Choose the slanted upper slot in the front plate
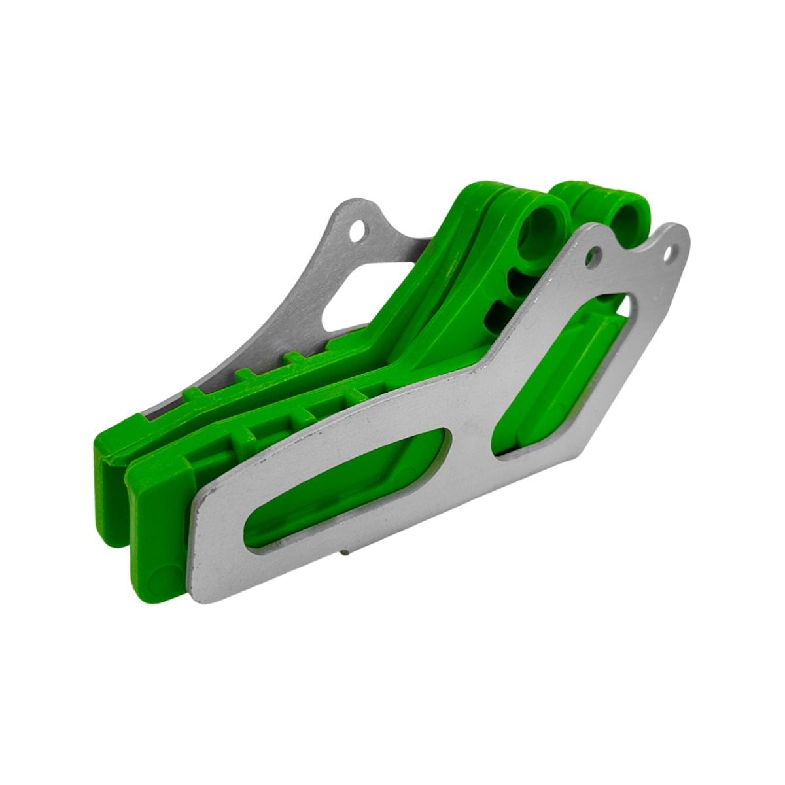[563, 379]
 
